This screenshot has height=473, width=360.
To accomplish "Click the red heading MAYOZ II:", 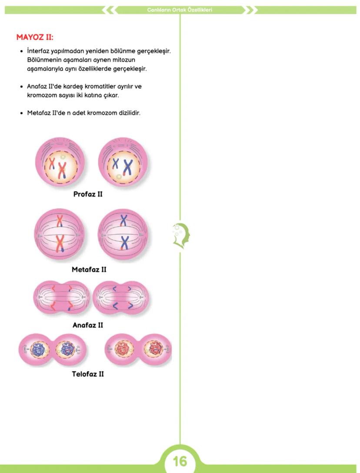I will coord(35,37).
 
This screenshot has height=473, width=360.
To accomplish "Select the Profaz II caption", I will coord(88,194).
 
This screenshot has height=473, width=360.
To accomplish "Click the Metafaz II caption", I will coord(89,270).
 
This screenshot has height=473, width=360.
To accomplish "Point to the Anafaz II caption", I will coord(88,325).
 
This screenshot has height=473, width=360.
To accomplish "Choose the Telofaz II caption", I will coord(88,374).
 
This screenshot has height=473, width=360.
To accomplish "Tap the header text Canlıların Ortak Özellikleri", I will coord(180,10).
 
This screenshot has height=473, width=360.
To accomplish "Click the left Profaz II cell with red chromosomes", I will coord(60,162).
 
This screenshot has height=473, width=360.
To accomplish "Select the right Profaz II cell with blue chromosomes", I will coord(123,162).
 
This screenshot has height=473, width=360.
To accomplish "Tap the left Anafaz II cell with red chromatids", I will coord(61,298).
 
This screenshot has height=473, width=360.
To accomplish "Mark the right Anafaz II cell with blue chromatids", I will coord(120,298).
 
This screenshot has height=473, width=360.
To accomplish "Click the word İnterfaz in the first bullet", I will coord(39,51).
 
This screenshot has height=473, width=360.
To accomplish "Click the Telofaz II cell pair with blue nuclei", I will coord(53,349).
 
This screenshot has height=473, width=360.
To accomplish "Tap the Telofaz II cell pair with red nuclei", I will coord(139,349).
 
